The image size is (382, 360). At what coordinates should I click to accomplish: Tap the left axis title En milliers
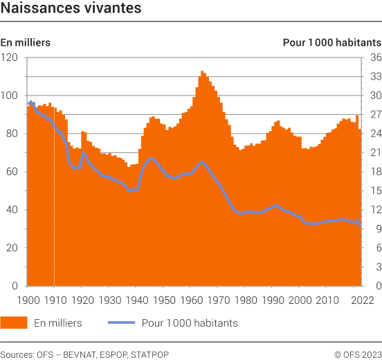[26, 42]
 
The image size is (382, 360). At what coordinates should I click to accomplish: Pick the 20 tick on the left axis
[11, 248]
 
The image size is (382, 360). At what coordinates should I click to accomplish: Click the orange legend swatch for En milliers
[14, 323]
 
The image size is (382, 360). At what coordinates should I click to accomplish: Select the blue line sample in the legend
[122, 323]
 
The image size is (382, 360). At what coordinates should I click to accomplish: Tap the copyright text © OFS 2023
[358, 354]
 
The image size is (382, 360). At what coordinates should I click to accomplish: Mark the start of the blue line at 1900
[28, 104]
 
